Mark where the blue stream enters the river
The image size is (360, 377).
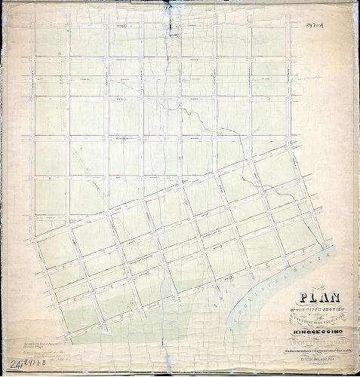[x=325, y=247]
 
